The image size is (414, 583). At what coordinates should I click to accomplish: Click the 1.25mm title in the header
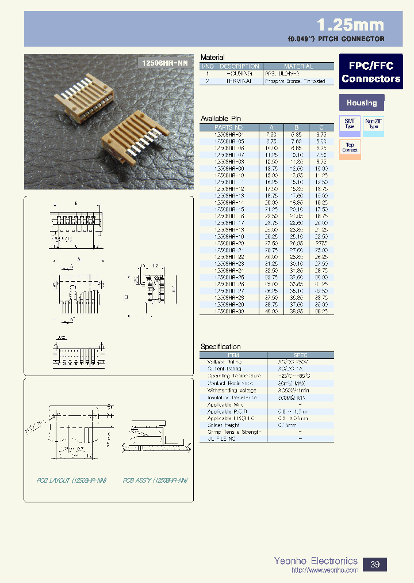click(x=350, y=25)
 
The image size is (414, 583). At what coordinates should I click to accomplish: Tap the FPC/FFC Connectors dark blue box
click(x=371, y=72)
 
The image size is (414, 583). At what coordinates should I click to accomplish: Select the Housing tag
click(x=362, y=103)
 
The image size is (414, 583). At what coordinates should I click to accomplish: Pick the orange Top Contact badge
click(x=350, y=147)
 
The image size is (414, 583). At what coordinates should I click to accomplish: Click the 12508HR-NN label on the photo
click(x=164, y=62)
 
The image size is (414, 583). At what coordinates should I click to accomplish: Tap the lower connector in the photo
click(x=133, y=147)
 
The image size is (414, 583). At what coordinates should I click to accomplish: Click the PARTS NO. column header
click(x=229, y=127)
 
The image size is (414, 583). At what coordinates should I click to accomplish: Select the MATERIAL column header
click(x=298, y=66)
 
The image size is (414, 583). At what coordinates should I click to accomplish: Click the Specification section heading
click(x=220, y=346)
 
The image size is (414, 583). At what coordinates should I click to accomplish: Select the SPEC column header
click(x=300, y=355)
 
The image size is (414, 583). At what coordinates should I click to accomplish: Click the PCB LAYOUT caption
click(x=61, y=480)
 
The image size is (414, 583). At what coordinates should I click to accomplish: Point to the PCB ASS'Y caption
click(x=155, y=480)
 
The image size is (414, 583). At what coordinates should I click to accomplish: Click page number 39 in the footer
click(x=374, y=565)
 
